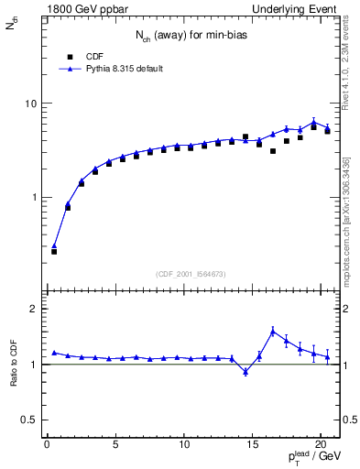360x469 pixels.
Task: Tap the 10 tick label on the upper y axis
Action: click(30, 104)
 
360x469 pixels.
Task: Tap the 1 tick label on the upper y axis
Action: click(33, 198)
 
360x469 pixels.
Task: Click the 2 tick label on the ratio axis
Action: click(33, 309)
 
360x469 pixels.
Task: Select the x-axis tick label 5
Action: click(115, 446)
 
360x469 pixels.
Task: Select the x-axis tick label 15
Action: click(252, 446)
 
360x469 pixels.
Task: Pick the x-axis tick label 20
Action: click(321, 446)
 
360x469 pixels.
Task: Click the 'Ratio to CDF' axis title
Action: click(13, 365)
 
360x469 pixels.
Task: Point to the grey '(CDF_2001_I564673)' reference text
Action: click(191, 273)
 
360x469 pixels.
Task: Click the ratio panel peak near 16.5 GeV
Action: click(273, 331)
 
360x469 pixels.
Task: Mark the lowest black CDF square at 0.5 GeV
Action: click(54, 251)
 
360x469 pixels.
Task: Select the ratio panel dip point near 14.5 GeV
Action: click(245, 371)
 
